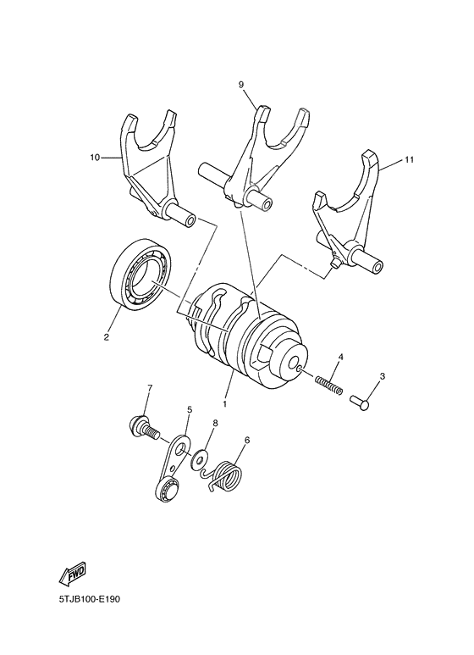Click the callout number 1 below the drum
[x=225, y=394]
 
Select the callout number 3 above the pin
[x=382, y=376]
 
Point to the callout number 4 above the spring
[x=340, y=357]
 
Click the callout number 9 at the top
[x=241, y=85]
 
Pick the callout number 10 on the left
[x=94, y=158]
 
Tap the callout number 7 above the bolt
[x=149, y=389]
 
